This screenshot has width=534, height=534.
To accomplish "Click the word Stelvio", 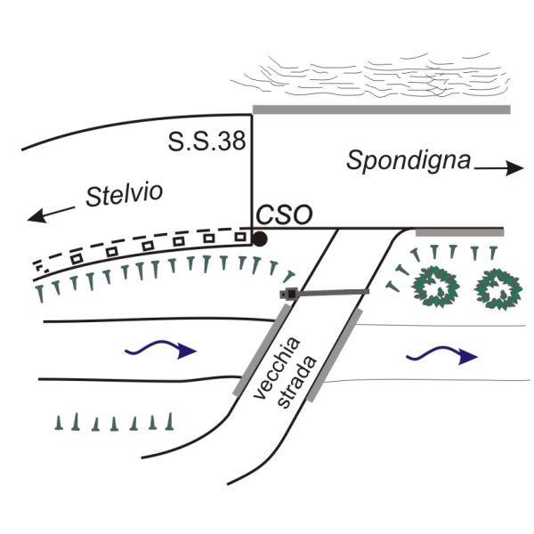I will point(125,197).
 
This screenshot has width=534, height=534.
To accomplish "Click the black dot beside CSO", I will point(259,239).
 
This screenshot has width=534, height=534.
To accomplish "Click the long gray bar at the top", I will point(381,109).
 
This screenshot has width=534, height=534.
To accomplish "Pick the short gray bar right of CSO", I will point(459,231).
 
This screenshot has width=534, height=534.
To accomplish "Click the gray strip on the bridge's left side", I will point(264,348).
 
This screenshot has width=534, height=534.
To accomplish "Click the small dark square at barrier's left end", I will point(287,293).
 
